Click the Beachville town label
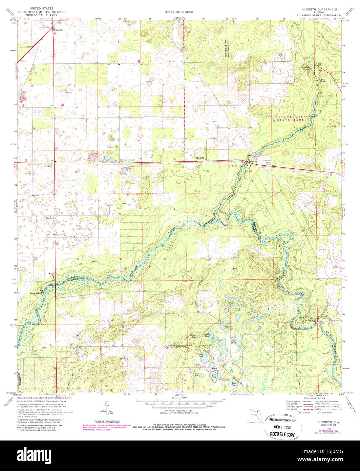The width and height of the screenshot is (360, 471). point(58,30)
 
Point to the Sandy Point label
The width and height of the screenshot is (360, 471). point(35,293)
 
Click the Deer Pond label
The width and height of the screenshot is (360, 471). point(234,384)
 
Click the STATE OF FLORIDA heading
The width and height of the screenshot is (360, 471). point(179,12)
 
